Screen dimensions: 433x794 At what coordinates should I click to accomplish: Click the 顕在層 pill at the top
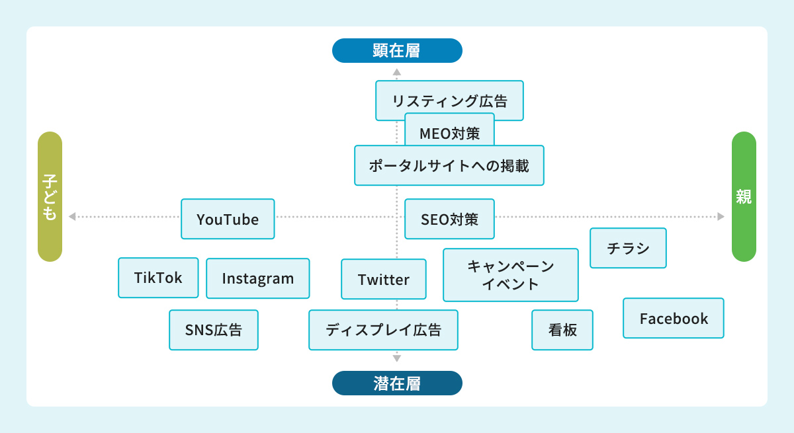coord(397,50)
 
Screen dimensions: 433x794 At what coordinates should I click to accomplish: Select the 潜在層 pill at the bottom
coord(397,383)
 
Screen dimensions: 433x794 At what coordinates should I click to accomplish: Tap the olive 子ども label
coord(50,196)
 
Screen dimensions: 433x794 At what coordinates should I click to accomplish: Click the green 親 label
coord(744,196)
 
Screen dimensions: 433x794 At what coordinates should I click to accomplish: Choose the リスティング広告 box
coord(449,100)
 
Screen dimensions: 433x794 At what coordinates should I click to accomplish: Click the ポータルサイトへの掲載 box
coord(449,165)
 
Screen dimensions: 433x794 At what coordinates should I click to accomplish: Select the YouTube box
coord(228,219)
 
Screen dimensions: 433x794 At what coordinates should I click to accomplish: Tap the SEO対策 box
coord(449,219)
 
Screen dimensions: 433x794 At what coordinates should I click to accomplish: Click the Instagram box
coord(257,278)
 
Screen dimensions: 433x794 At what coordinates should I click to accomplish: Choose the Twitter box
coord(384,279)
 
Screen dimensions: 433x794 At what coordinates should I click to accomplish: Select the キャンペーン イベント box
coord(510,275)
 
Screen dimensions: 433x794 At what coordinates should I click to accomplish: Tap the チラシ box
coord(628,248)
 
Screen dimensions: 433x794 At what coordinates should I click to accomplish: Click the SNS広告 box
coord(213,330)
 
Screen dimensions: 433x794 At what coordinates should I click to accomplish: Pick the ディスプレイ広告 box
coord(383,330)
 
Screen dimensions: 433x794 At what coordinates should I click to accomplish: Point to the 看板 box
coord(562,330)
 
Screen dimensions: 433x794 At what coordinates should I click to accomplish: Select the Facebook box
coord(674,318)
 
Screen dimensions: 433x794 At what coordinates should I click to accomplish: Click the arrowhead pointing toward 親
coord(721,216)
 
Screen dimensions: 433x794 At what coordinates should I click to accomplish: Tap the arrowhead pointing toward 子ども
coord(71,216)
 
